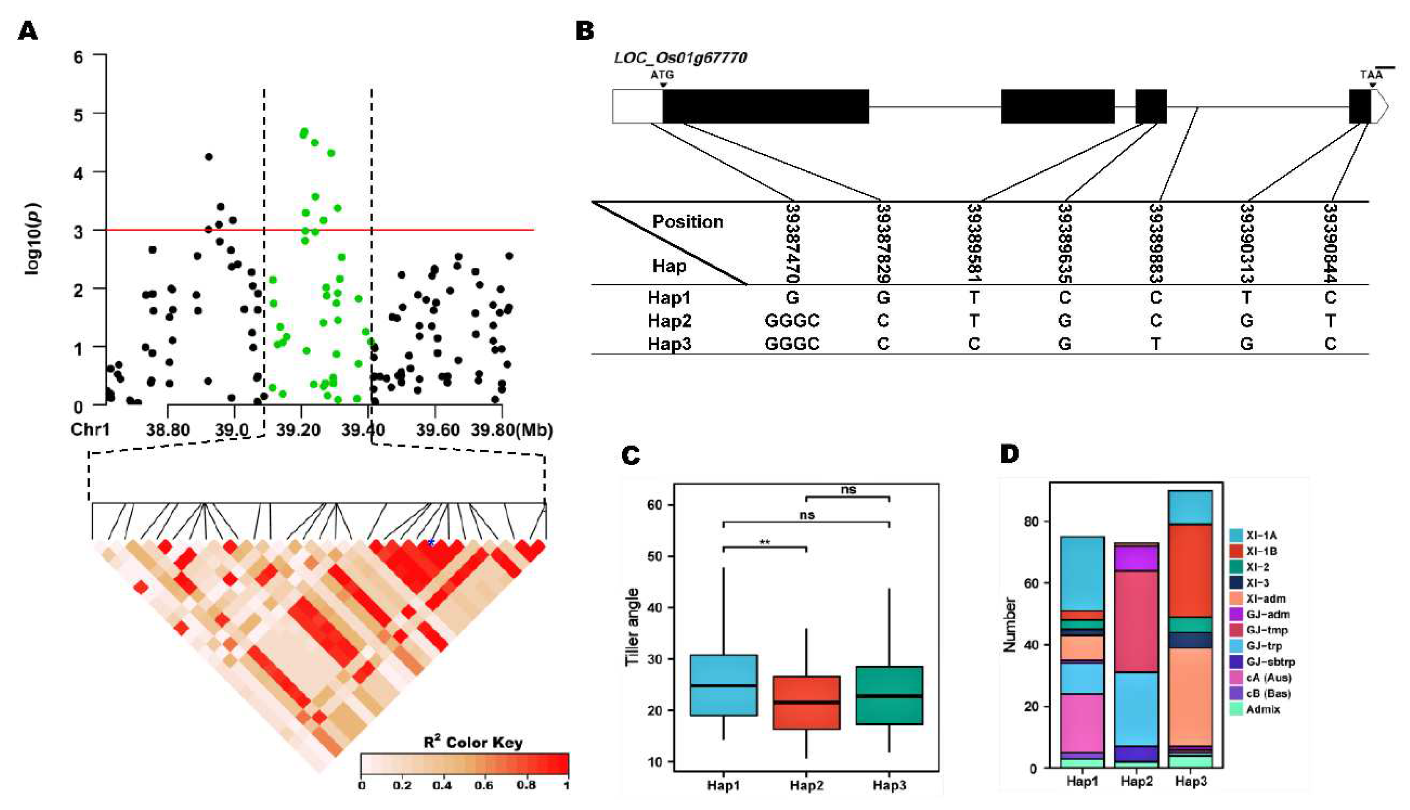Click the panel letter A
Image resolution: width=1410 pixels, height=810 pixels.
coord(28,30)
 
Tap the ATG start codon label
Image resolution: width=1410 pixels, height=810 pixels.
coord(662,74)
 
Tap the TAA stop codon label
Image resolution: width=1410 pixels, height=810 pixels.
coord(1371,74)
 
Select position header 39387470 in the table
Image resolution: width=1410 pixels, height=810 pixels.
coord(792,243)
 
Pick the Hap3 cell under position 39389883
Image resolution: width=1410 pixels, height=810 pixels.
coord(1156,344)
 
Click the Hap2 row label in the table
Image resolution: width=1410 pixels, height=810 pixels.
coord(669,321)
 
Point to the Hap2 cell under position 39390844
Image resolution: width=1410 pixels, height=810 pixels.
coord(1330,321)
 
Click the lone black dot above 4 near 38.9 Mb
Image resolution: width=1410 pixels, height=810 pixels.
coord(209,157)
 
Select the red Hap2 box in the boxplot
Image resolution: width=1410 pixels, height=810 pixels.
coord(806,703)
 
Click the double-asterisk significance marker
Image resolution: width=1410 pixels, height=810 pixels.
coord(764,541)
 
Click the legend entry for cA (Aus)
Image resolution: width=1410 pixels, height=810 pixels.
coord(1269,678)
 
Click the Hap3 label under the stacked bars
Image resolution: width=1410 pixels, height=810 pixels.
coord(1191,782)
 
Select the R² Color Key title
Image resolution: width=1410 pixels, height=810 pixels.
coord(473,743)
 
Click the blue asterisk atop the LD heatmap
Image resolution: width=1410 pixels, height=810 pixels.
coord(431,542)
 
